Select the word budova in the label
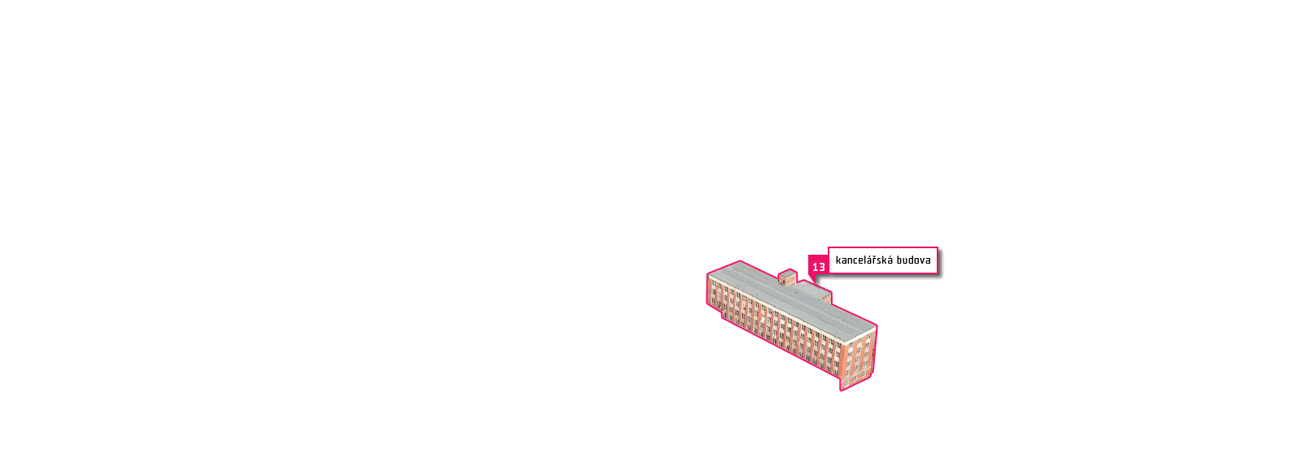pos(914,260)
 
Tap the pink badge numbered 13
pos(818,266)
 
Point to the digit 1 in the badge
pos(815,267)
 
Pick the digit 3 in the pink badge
pos(822,267)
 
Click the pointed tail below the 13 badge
pos(812,280)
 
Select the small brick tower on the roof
pos(788,278)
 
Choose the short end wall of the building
pos(858,358)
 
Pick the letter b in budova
pos(899,260)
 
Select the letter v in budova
pos(922,261)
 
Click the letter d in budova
pos(911,260)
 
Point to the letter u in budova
pos(906,261)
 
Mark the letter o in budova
pos(916,261)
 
